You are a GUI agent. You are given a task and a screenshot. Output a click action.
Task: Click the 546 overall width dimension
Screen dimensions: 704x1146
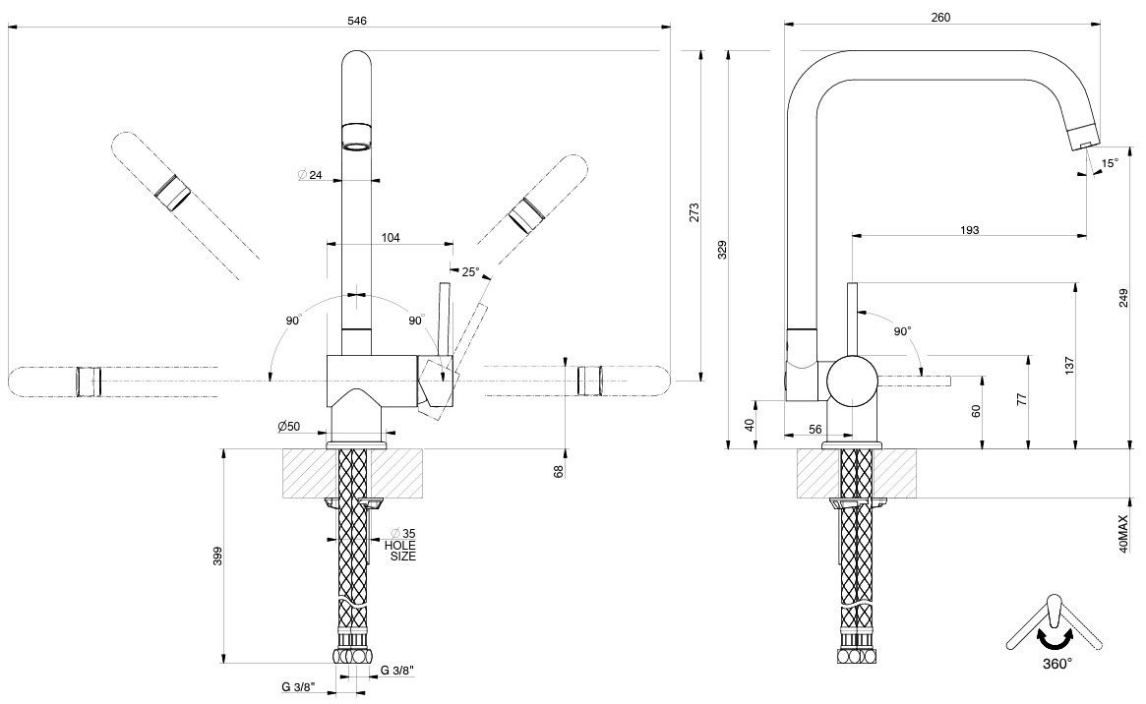(x=357, y=21)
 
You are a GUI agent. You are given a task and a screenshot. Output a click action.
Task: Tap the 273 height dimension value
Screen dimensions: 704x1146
(x=694, y=213)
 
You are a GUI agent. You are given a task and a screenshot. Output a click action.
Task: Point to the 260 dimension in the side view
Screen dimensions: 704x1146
(x=939, y=17)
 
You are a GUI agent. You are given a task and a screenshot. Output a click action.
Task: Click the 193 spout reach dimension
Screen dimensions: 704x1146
(x=969, y=230)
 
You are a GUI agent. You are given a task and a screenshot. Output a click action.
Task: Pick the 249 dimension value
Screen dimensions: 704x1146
(x=1123, y=292)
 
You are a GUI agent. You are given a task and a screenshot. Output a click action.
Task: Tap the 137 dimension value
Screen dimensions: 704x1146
(x=1069, y=365)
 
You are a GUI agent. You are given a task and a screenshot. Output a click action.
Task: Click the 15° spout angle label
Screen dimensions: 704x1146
(x=1110, y=163)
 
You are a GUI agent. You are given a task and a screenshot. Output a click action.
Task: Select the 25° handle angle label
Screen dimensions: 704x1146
(x=469, y=271)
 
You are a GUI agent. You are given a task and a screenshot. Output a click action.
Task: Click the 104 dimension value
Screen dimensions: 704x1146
(x=390, y=238)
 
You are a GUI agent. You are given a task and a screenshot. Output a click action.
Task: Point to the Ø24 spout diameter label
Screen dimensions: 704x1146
(x=310, y=175)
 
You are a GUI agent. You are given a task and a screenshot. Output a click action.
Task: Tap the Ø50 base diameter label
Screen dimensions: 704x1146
(x=288, y=426)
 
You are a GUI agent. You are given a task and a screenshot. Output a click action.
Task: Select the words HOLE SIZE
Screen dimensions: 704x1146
(x=400, y=551)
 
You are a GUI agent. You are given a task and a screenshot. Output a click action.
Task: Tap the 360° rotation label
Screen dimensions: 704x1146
(x=1057, y=663)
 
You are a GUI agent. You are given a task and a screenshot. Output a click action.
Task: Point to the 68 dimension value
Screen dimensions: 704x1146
(x=559, y=470)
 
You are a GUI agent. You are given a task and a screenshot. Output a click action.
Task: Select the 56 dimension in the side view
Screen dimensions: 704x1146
(x=814, y=429)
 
